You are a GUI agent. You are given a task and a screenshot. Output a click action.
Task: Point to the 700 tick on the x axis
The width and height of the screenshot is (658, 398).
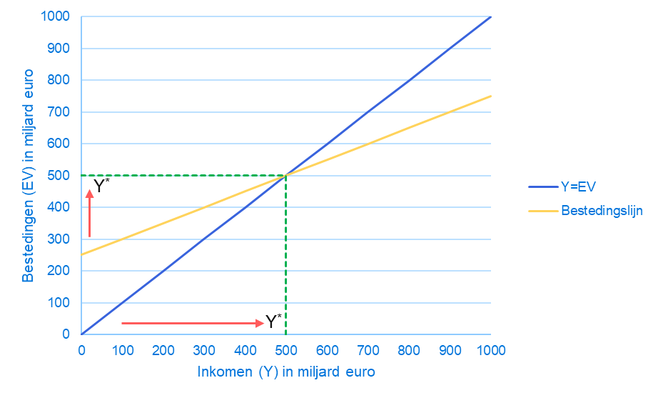[x=490, y=351]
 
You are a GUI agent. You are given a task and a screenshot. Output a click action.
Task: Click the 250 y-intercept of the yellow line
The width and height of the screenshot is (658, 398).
[x=82, y=254]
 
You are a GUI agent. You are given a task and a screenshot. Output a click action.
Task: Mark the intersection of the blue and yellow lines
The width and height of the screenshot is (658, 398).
[x=286, y=175]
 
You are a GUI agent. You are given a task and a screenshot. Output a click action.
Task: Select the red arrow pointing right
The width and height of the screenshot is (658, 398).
[x=193, y=324]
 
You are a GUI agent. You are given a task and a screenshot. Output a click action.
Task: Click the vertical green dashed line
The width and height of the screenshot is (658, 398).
[x=286, y=257]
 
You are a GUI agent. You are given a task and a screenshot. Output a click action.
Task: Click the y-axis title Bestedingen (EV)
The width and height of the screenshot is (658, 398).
[x=28, y=175]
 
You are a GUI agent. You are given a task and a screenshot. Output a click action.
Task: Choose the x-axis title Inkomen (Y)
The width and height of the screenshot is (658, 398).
[x=286, y=372]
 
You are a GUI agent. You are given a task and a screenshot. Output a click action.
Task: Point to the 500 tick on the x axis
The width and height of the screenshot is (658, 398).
[x=286, y=351]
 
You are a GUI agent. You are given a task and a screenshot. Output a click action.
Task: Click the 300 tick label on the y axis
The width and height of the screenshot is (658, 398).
[x=63, y=239]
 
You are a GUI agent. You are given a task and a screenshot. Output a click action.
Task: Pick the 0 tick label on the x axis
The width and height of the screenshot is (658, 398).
[x=82, y=351]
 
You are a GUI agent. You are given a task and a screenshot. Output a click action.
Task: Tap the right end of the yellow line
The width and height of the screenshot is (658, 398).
[x=490, y=96]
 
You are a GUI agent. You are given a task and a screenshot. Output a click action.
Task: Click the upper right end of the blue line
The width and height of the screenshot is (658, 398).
[x=490, y=16]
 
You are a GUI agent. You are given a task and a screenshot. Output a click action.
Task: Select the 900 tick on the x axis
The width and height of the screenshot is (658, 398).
[x=450, y=351]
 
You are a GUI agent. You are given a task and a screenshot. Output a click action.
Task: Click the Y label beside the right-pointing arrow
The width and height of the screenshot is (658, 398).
[x=271, y=322]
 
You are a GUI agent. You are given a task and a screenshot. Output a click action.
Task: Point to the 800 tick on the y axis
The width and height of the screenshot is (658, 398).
[x=63, y=80]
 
